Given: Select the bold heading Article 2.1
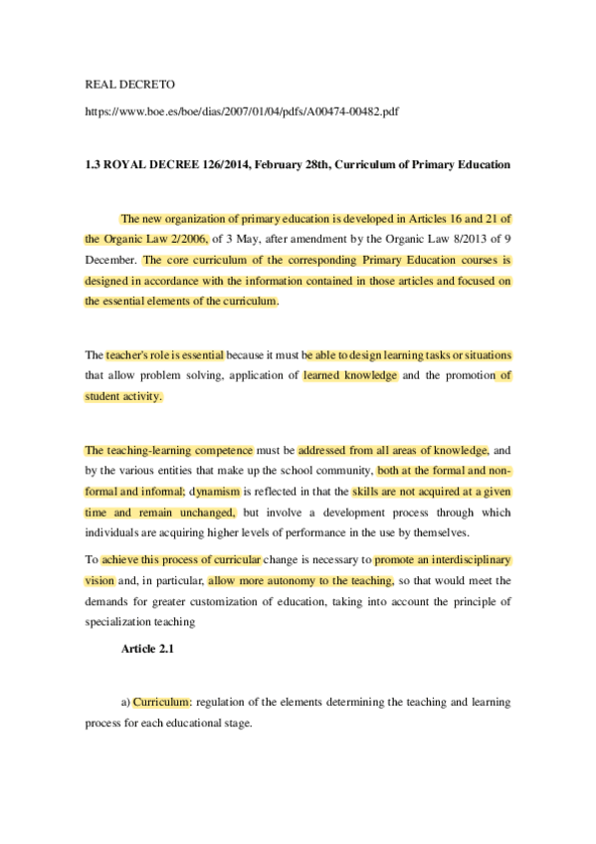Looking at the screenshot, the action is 149,649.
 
